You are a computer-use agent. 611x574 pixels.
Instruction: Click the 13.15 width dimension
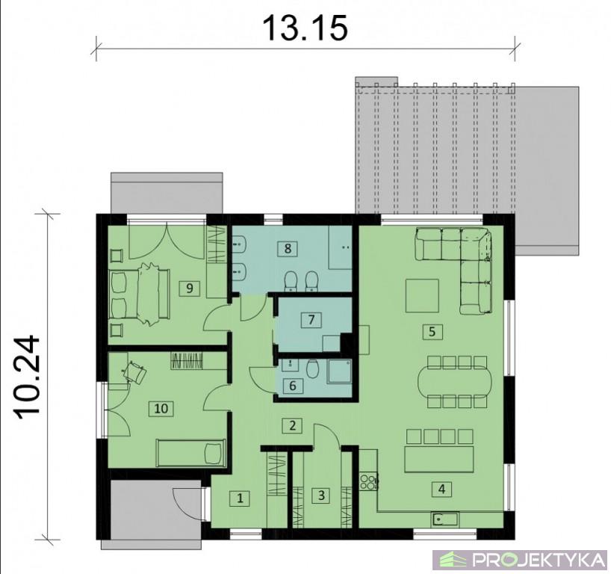pyautogui.click(x=305, y=28)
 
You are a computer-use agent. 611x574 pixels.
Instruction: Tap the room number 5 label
pyautogui.click(x=432, y=331)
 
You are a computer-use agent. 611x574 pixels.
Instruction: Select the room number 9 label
pyautogui.click(x=190, y=288)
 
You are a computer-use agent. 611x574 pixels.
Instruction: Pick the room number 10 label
pyautogui.click(x=161, y=408)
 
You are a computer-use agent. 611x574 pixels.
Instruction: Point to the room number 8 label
pyautogui.click(x=288, y=248)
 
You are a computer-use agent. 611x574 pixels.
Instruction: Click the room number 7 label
pyautogui.click(x=311, y=320)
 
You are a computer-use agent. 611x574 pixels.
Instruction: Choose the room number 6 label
pyautogui.click(x=293, y=386)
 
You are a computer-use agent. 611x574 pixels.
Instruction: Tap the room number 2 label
pyautogui.click(x=293, y=425)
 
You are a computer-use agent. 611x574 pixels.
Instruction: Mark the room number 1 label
pyautogui.click(x=240, y=498)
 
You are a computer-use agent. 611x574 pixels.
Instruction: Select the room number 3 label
pyautogui.click(x=321, y=496)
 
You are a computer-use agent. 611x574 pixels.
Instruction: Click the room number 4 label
pyautogui.click(x=441, y=489)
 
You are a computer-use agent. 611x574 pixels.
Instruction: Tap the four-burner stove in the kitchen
pyautogui.click(x=369, y=481)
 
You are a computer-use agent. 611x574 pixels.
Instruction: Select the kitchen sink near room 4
pyautogui.click(x=444, y=519)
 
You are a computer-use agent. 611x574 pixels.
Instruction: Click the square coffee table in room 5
pyautogui.click(x=423, y=294)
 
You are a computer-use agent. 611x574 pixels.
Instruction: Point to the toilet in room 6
pyautogui.click(x=311, y=368)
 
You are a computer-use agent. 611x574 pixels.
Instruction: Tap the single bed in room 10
pyautogui.click(x=190, y=453)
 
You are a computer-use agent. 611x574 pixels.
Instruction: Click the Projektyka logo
pyautogui.click(x=521, y=560)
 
